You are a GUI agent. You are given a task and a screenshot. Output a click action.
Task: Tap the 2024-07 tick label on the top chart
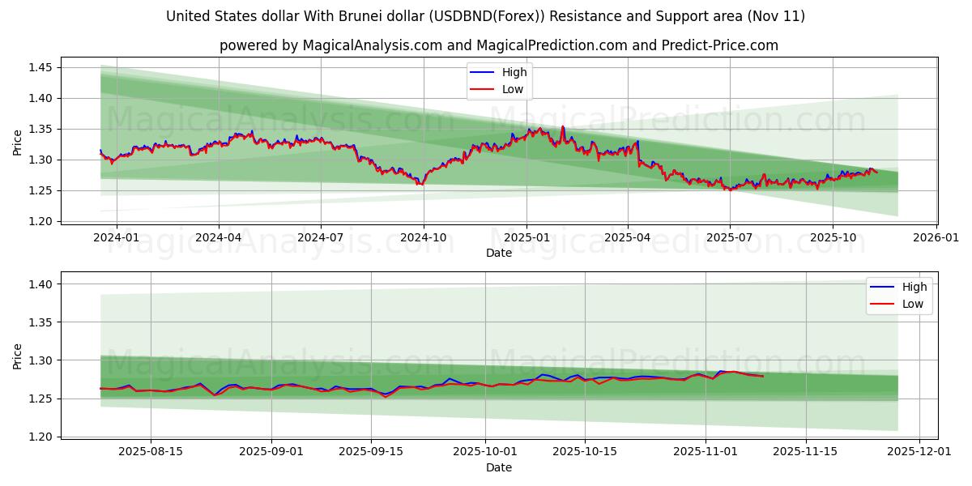click(321, 237)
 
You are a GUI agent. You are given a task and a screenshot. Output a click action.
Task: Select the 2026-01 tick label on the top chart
click(936, 237)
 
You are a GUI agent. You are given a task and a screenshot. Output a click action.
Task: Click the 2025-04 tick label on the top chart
click(628, 237)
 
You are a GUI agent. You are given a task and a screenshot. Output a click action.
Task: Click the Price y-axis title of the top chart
click(18, 143)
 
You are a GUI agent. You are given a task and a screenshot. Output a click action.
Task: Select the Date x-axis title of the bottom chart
click(499, 467)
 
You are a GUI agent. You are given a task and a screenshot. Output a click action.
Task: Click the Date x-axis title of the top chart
click(499, 253)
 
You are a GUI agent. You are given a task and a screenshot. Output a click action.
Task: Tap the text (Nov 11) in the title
click(778, 16)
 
